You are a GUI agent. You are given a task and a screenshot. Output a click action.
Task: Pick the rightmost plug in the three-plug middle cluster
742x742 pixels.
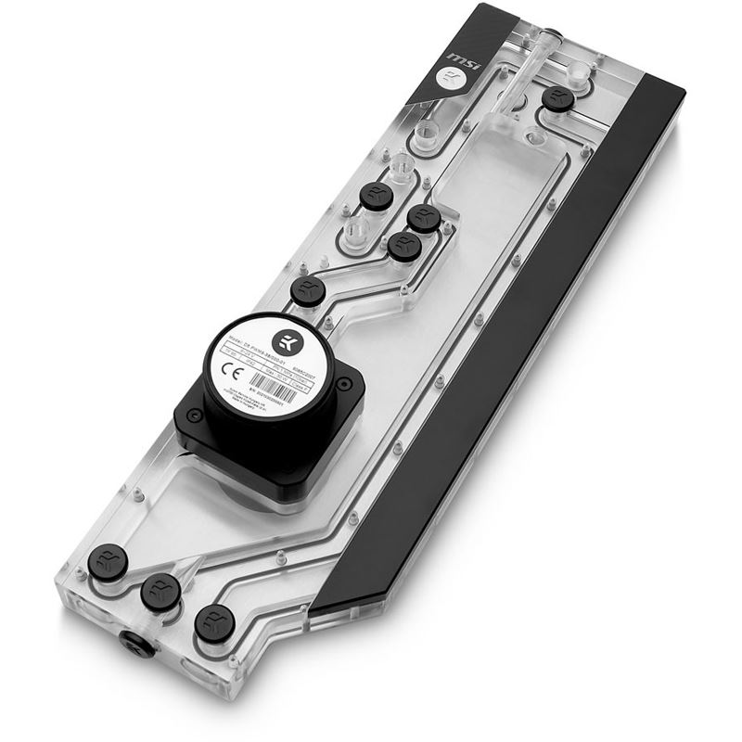pyautogui.click(x=424, y=219)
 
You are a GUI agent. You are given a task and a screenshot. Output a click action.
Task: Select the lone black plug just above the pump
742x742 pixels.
pyautogui.click(x=307, y=291)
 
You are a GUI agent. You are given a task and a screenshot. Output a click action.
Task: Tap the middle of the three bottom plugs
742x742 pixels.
pyautogui.click(x=160, y=589)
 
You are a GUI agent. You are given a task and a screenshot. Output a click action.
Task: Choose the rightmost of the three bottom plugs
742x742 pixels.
pyautogui.click(x=215, y=620)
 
